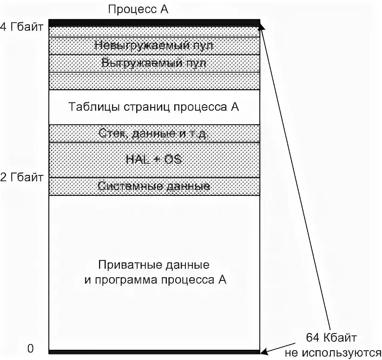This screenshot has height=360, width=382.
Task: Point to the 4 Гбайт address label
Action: (22, 27)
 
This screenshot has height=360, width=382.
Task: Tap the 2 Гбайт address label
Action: (22, 177)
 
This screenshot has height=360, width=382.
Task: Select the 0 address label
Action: (30, 348)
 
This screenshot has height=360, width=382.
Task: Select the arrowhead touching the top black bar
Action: (262, 27)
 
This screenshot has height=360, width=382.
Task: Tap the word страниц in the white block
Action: (148, 107)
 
